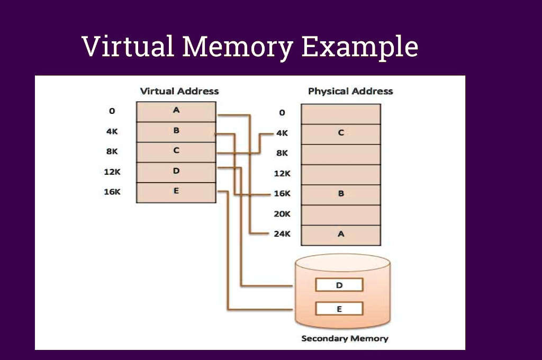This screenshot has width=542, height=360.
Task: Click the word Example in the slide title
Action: (360, 47)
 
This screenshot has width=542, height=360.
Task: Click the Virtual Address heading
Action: (179, 91)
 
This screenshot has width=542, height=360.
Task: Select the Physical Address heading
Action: (350, 91)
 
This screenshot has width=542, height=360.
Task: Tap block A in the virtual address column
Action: (176, 111)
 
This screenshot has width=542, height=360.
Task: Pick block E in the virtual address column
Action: (176, 192)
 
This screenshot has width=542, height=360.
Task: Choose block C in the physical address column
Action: (341, 133)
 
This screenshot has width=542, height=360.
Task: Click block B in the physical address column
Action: (341, 194)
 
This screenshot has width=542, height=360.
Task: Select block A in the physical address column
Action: (341, 234)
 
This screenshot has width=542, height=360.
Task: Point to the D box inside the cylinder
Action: (339, 285)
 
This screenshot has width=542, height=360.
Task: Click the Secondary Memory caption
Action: (345, 338)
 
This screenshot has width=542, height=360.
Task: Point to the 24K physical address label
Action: (282, 233)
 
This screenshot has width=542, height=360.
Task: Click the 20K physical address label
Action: (282, 214)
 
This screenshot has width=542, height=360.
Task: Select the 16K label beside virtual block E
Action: (112, 192)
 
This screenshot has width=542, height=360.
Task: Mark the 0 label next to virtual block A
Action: (112, 111)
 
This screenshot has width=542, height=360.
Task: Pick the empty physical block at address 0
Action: (341, 113)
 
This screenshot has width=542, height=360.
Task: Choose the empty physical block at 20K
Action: (341, 214)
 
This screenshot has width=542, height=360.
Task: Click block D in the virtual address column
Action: (176, 172)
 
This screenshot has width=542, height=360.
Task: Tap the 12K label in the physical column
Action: (282, 173)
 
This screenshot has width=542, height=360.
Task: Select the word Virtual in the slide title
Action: (128, 47)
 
